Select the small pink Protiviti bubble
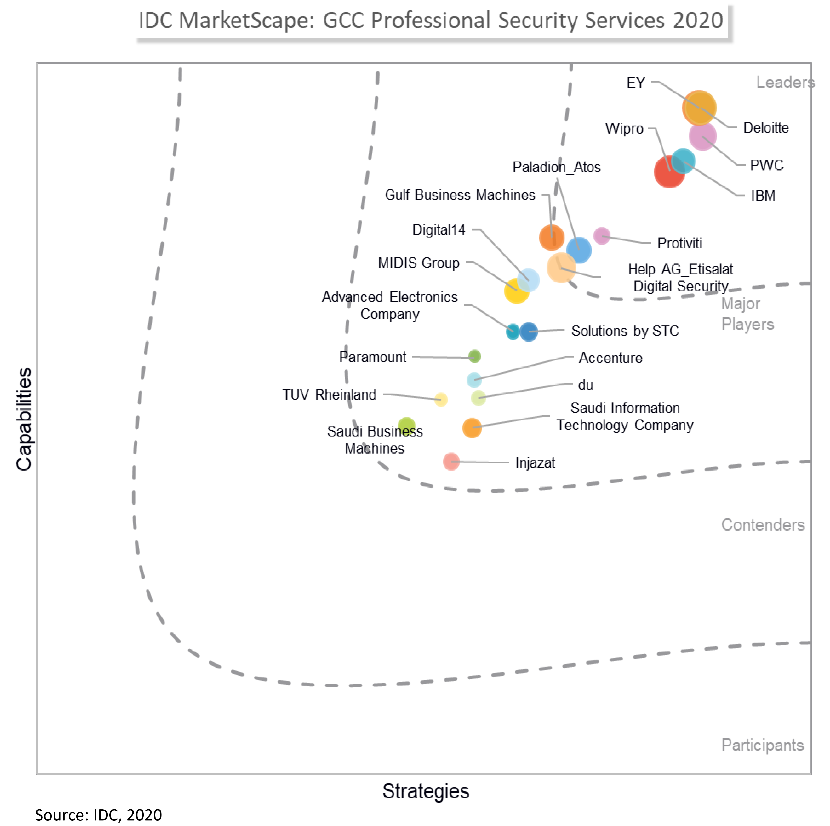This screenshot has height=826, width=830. coord(601,236)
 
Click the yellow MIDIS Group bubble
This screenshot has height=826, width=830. coord(516,291)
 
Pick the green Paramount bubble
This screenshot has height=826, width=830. coord(474,356)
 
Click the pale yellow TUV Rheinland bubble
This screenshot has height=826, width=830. coord(441,400)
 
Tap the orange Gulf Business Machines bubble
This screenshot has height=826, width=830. coord(551,237)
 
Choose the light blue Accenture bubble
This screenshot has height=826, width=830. coord(474,380)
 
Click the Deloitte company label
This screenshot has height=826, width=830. coord(766,128)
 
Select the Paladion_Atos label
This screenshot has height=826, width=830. coord(556,167)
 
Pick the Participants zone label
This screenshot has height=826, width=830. coord(762,745)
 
